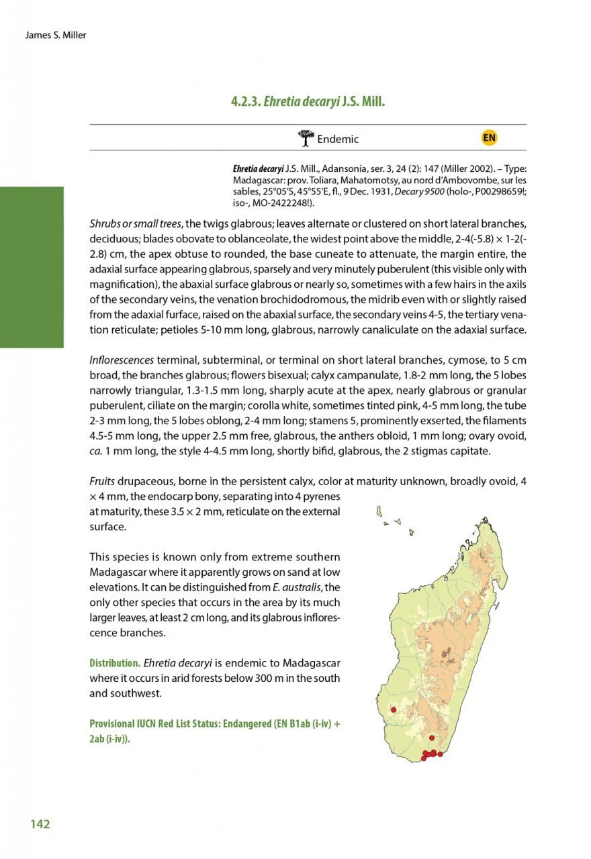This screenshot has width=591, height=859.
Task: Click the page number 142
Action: pyautogui.click(x=40, y=823)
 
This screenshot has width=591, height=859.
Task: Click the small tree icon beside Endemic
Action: pyautogui.click(x=306, y=138)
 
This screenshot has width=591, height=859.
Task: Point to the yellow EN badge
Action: pyautogui.click(x=489, y=138)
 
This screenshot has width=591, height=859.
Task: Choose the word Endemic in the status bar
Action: pyautogui.click(x=338, y=140)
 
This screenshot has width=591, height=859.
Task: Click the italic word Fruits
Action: pyautogui.click(x=102, y=482)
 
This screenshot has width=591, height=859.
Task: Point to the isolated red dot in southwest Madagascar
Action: pyautogui.click(x=394, y=709)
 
